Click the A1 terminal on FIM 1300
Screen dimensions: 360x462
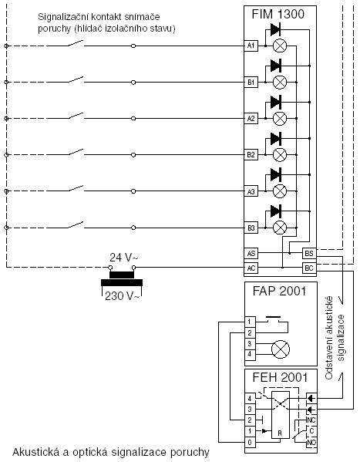pos(251,46)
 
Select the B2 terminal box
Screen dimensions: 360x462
pos(251,155)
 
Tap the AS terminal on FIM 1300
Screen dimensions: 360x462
pos(251,254)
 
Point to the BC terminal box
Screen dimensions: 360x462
pos(309,268)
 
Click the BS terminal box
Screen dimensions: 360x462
pos(309,254)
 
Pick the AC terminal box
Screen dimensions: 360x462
pos(251,268)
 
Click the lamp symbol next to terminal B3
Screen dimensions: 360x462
pos(280,228)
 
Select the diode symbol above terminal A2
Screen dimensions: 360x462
pos(275,103)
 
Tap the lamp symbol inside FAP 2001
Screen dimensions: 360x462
pos(280,349)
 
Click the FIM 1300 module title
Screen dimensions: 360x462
pos(278,14)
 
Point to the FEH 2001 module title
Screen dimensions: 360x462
pos(280,378)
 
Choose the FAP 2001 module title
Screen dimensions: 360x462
pos(280,291)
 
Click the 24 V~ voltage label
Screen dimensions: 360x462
pos(124,258)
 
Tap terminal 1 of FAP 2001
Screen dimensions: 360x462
pos(250,322)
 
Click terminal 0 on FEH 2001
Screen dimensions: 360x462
pos(250,442)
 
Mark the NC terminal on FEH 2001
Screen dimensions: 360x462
pos(311,420)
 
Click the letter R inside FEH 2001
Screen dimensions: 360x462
pos(280,433)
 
